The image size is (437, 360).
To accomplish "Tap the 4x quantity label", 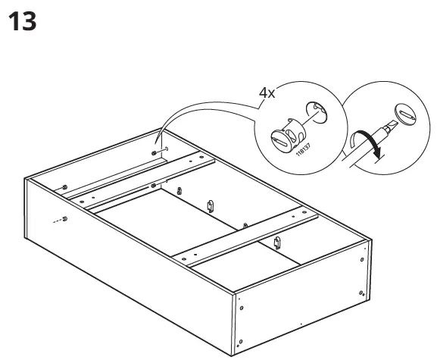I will click(267, 92).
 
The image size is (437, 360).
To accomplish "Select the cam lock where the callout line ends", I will click(156, 152).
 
